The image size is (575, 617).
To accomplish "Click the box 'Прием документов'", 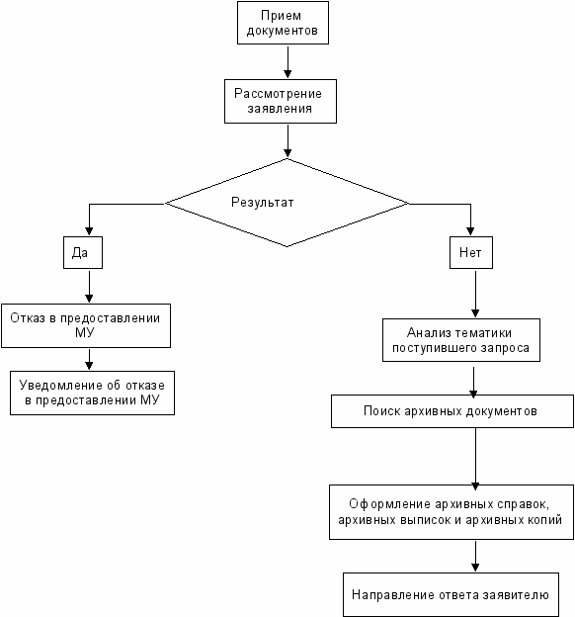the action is click(x=283, y=23).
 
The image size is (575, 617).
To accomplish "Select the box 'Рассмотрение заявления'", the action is click(x=281, y=102).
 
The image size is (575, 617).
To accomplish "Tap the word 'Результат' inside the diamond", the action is click(x=263, y=203).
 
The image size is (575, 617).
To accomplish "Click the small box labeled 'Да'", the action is click(x=83, y=252).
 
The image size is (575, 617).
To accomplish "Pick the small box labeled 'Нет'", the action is click(x=471, y=252).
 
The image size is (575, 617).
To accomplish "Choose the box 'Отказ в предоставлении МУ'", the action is click(x=86, y=325).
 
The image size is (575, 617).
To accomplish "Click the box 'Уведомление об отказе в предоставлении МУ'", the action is click(x=92, y=393).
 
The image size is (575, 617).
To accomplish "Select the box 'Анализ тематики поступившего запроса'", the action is click(x=461, y=340).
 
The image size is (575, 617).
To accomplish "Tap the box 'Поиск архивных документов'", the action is click(x=452, y=411).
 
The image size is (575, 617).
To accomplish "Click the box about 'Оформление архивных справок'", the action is click(x=452, y=512).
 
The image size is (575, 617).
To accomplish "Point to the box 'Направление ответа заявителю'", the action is click(x=451, y=594).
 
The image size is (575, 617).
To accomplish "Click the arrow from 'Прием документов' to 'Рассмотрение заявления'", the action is click(x=287, y=61).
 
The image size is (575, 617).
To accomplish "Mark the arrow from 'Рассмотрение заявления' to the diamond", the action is click(x=287, y=140).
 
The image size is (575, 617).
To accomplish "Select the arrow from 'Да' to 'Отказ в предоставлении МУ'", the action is click(x=89, y=287).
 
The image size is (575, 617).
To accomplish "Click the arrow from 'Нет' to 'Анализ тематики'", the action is click(x=475, y=294).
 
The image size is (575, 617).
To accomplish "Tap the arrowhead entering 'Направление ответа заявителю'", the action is click(x=475, y=567).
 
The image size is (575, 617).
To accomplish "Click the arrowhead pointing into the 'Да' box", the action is click(x=89, y=231).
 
